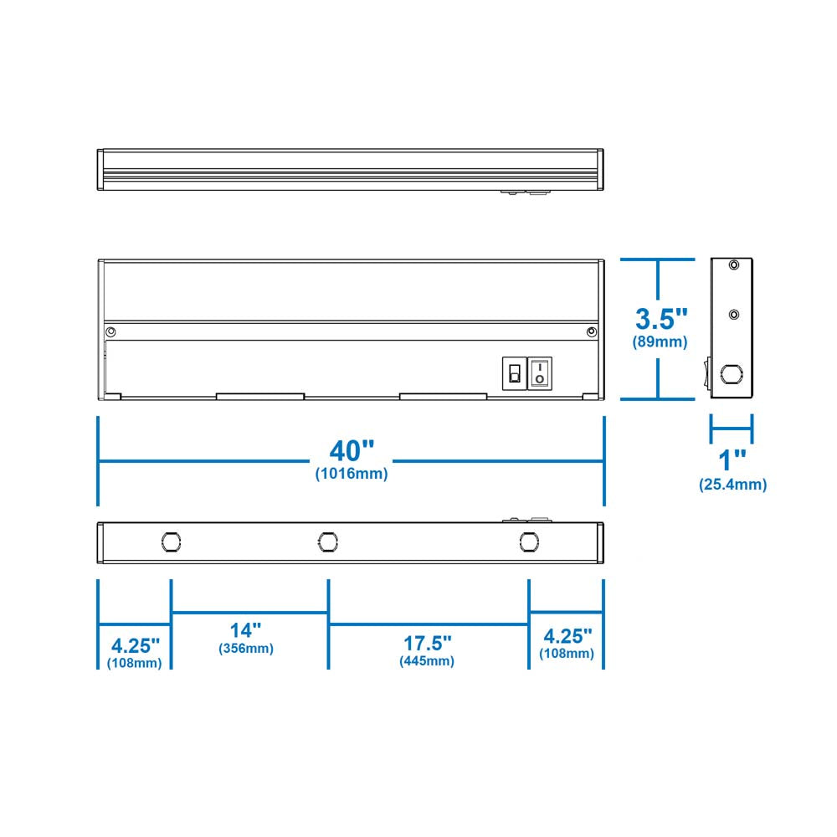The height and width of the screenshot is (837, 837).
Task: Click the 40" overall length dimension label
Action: tap(352, 450)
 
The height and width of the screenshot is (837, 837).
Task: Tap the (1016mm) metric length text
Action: tap(352, 474)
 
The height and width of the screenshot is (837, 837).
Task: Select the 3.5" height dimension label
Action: tap(661, 319)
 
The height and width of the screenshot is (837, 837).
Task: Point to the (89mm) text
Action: tap(660, 341)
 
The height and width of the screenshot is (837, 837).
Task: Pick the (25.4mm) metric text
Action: tap(733, 485)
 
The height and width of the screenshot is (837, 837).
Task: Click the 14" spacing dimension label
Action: tap(245, 630)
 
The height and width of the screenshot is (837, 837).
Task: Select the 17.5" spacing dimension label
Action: tap(427, 643)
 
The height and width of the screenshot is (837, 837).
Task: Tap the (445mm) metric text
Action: tap(427, 661)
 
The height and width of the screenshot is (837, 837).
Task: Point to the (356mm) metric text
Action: tap(245, 648)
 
